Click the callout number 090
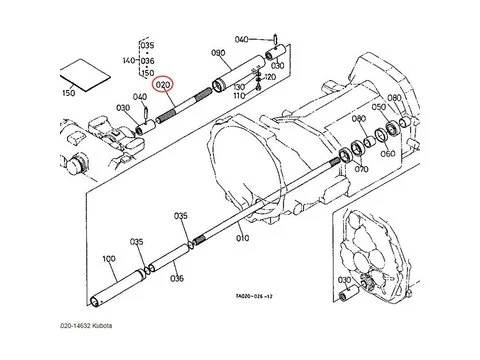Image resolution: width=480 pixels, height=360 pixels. coord(218,53)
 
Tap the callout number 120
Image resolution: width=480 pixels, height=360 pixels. coord(269,76)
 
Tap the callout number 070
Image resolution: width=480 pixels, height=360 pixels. coord(360,170)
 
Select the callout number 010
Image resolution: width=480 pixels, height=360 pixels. coord(243,240)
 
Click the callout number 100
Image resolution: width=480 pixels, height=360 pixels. coord(110,259)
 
